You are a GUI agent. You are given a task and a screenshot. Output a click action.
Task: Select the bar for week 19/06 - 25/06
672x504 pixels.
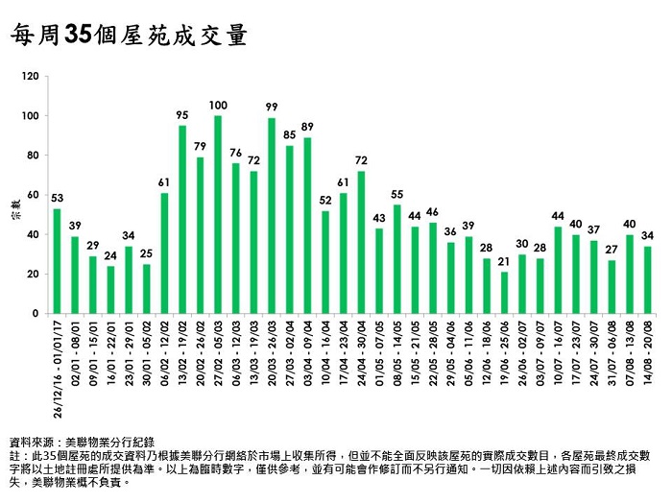pos(503,293)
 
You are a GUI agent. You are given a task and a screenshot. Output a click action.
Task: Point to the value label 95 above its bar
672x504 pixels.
pos(182,114)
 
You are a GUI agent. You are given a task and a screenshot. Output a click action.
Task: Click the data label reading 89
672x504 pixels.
pos(307,127)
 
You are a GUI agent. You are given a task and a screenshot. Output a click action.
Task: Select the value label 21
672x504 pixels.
pos(503,261)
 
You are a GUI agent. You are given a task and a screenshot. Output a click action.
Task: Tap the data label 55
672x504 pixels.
pos(396,194)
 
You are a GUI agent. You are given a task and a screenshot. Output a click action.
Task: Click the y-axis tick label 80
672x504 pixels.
pos(35,156)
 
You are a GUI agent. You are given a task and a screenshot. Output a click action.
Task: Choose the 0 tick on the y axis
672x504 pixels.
pos(37,314)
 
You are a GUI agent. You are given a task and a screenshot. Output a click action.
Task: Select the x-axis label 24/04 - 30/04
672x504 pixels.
pos(362,354)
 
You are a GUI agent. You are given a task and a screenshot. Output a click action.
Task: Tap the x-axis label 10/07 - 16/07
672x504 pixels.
pos(558,354)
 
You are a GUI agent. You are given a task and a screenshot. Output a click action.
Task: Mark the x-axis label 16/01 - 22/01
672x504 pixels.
pos(111,354)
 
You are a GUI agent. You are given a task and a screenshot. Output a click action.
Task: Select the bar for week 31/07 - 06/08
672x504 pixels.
pos(612,287)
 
